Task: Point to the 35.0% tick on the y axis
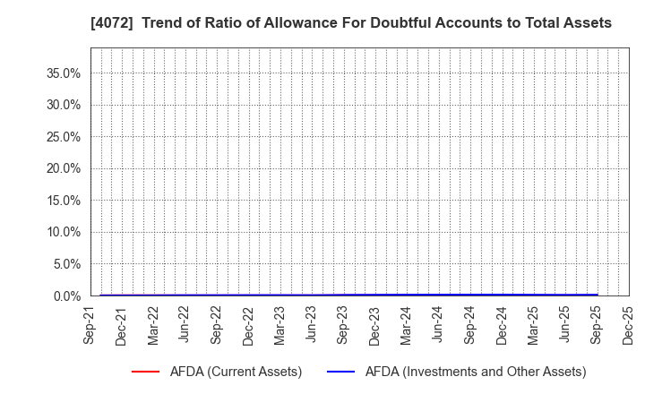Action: point(63,73)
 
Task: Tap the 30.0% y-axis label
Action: point(63,105)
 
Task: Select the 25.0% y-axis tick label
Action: point(63,137)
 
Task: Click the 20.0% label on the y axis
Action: point(63,168)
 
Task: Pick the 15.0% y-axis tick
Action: point(63,201)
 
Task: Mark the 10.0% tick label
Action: point(63,232)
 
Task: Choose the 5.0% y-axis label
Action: point(65,264)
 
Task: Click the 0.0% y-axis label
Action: point(65,295)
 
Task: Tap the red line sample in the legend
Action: point(145,372)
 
